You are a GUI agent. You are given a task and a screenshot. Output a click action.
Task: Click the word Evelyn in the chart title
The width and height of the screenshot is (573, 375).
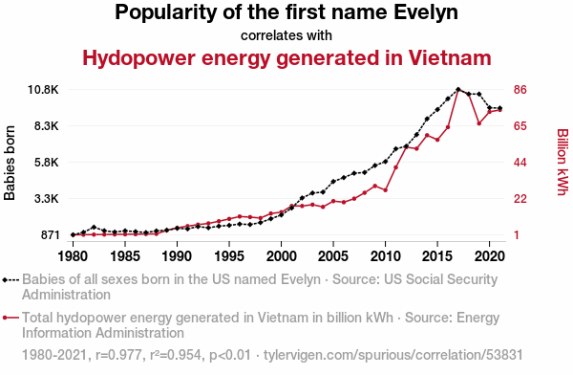click(426, 12)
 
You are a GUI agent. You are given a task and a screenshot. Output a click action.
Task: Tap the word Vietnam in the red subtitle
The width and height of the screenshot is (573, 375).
click(450, 57)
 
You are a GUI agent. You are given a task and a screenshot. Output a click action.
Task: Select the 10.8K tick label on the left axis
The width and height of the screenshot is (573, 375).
click(43, 90)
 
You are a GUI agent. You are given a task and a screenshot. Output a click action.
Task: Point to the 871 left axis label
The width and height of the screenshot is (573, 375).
click(50, 235)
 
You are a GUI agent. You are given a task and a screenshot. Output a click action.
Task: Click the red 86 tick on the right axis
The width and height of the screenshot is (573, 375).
click(520, 90)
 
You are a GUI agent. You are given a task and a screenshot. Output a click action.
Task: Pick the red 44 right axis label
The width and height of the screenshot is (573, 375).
click(520, 163)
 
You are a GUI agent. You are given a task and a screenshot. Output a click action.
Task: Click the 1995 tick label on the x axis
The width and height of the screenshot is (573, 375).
click(229, 256)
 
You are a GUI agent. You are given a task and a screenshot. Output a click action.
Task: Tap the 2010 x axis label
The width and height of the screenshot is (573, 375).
click(385, 256)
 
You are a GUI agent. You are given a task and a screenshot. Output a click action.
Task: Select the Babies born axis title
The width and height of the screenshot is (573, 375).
click(10, 163)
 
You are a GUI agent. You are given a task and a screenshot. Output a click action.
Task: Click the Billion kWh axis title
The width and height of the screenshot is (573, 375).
click(562, 162)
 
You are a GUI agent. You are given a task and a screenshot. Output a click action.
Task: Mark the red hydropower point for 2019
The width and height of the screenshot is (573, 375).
click(479, 123)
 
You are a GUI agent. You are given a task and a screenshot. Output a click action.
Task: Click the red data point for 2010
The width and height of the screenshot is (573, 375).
click(385, 190)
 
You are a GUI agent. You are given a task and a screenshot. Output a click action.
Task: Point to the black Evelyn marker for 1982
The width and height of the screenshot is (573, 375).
click(94, 227)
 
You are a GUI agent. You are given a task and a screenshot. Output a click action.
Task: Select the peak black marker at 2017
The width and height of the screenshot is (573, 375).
click(458, 89)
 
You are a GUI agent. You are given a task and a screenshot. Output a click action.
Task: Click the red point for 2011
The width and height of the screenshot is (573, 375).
click(395, 167)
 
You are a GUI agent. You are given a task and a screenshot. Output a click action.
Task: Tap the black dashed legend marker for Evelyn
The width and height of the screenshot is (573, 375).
click(11, 280)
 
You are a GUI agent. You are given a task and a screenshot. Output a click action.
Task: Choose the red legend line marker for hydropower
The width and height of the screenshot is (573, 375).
click(11, 318)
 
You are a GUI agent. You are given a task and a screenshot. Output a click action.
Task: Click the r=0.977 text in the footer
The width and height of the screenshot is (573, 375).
click(118, 355)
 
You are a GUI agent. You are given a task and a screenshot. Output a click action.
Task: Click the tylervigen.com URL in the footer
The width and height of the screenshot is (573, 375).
click(393, 355)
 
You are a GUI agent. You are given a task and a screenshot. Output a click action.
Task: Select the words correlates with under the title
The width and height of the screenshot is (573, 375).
click(286, 35)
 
